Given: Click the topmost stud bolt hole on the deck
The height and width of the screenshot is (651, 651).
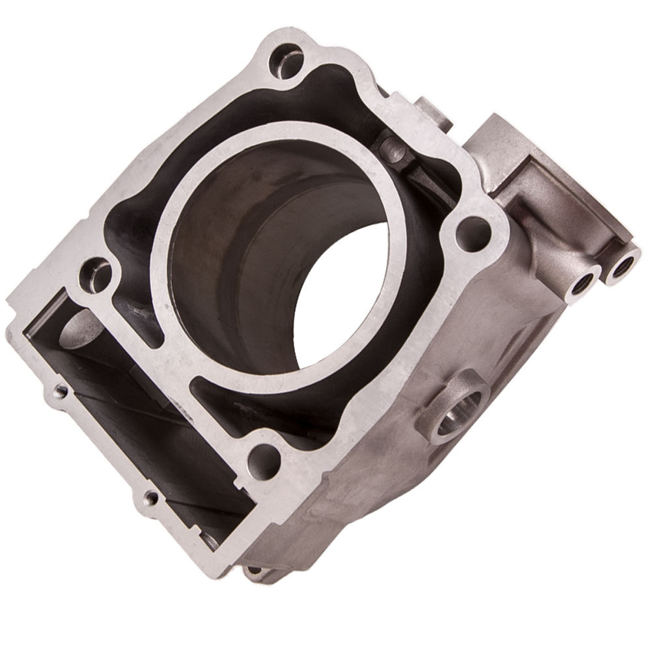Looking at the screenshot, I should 287,60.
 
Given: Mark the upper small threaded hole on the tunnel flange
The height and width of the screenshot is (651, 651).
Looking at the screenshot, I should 61,390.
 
